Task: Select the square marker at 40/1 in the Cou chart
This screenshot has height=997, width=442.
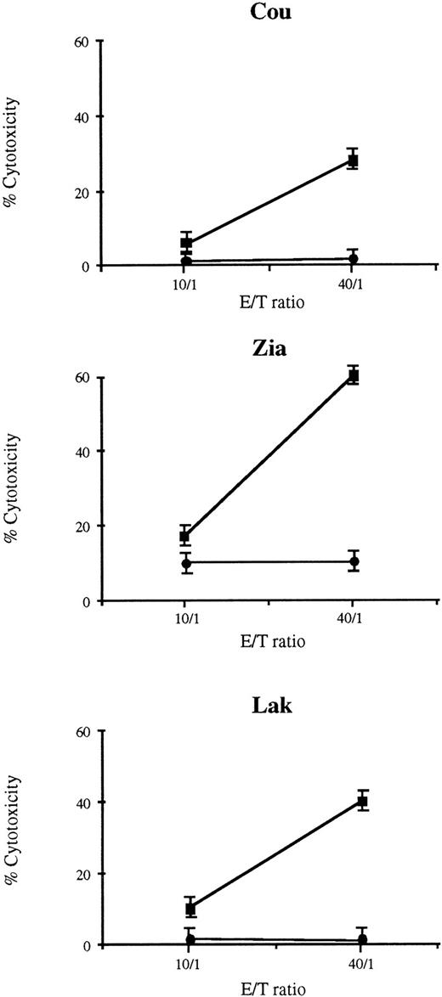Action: (x=353, y=161)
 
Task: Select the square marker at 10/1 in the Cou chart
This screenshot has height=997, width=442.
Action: (x=186, y=244)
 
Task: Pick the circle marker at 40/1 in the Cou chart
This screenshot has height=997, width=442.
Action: (x=353, y=258)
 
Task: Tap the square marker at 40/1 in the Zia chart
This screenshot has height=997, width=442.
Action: (x=353, y=375)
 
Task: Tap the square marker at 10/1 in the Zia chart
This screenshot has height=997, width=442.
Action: (x=185, y=536)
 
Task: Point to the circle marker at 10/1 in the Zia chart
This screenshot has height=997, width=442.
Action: (x=186, y=563)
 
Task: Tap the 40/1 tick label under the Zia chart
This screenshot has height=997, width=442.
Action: (x=353, y=618)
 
